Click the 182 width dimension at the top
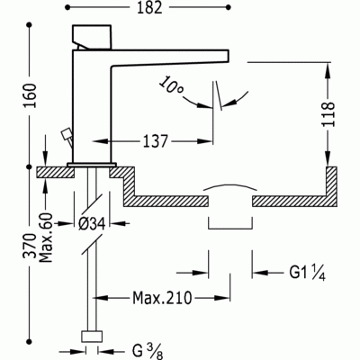point(149,8)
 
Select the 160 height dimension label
point(31,96)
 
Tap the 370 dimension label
point(31,246)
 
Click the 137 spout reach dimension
point(155,141)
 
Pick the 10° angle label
point(171,86)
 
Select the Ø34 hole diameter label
point(92,224)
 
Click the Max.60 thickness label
point(46,238)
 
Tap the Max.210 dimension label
point(162,298)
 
